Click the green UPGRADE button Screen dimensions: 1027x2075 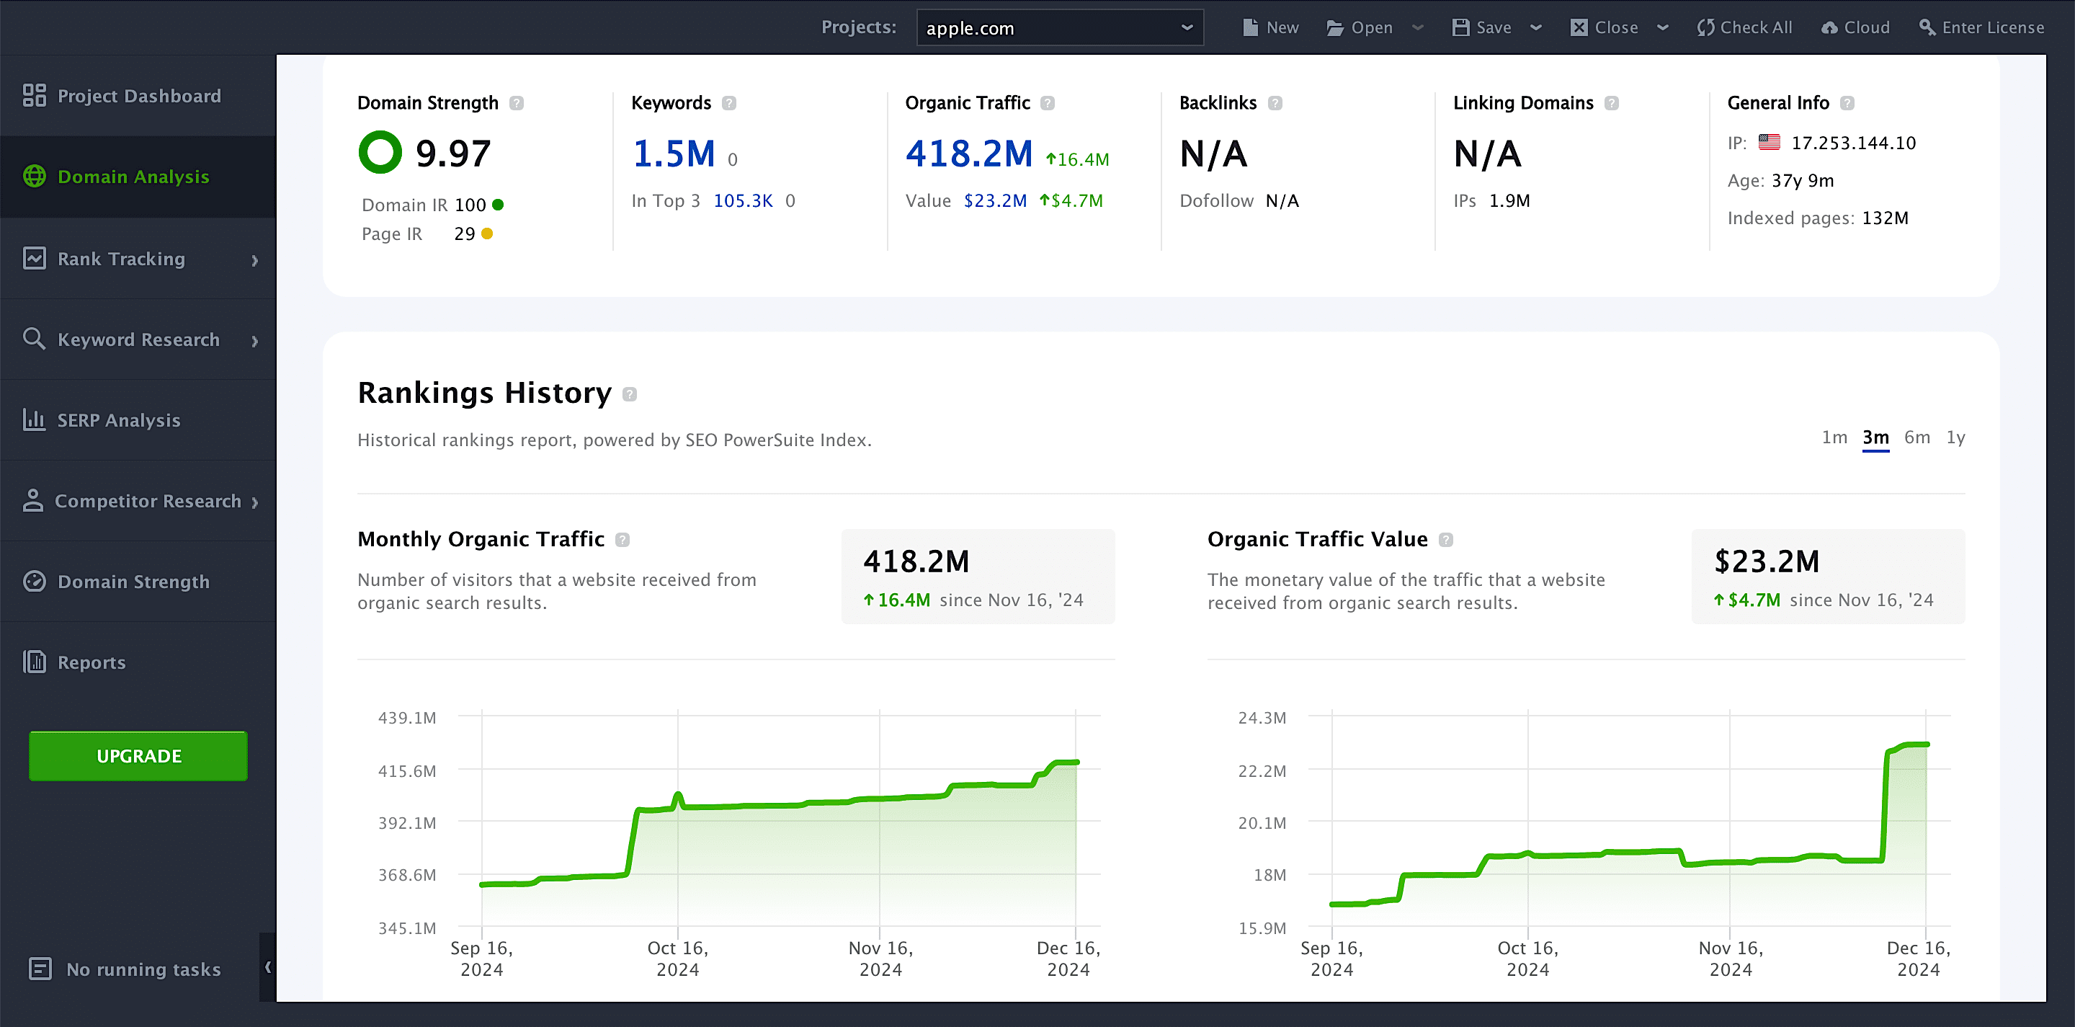[138, 755]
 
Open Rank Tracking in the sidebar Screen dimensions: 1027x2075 [121, 259]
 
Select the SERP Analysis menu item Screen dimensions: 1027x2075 [118, 419]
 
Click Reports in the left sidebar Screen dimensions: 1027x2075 [91, 662]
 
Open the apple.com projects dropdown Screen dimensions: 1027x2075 [1059, 28]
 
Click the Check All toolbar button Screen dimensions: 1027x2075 [1745, 27]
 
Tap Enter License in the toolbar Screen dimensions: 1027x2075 [1981, 27]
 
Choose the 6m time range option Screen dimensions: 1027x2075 [1916, 437]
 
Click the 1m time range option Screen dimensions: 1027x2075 [1834, 437]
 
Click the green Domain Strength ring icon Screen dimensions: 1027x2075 [380, 152]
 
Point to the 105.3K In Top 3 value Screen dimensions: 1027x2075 [743, 200]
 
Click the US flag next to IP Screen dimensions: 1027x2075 [1769, 143]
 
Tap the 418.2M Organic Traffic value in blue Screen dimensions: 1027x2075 [968, 153]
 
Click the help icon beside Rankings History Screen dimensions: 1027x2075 [630, 394]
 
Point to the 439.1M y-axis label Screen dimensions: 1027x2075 [407, 718]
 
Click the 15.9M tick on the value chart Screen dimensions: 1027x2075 [1262, 928]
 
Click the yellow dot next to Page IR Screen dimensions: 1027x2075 [486, 234]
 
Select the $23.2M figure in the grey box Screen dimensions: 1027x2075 [1767, 561]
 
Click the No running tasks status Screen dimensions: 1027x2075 [143, 969]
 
